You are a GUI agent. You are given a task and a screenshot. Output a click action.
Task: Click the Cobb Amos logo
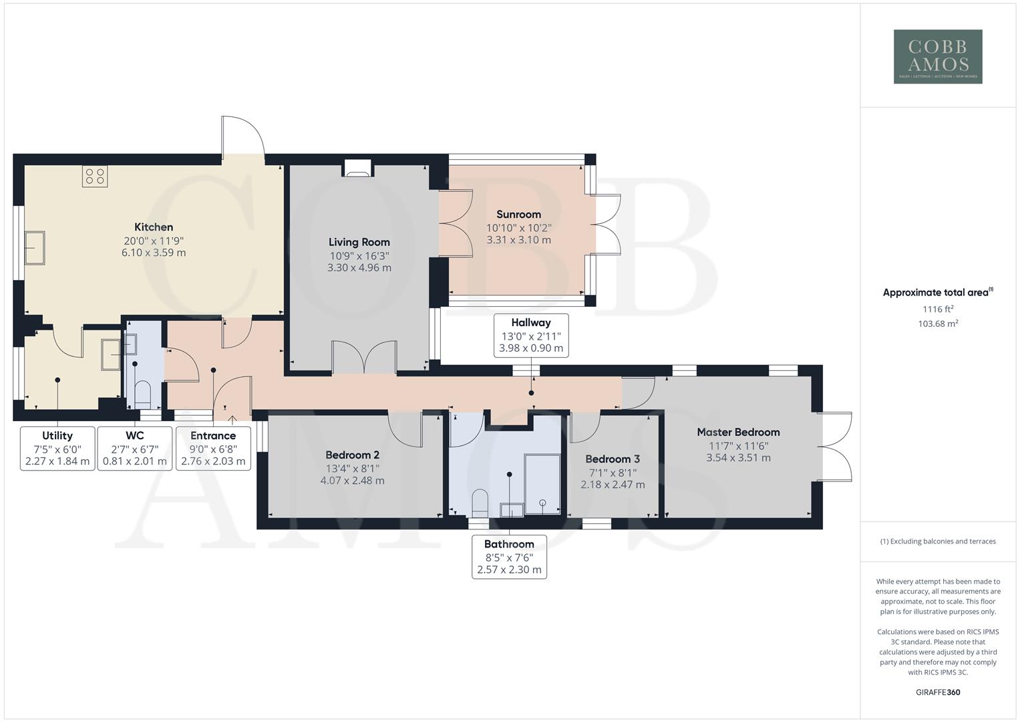(x=938, y=57)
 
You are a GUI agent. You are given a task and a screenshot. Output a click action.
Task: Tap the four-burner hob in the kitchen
(x=95, y=176)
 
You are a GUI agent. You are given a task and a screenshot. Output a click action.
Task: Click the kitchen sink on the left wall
(x=34, y=248)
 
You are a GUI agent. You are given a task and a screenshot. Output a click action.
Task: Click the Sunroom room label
(x=518, y=215)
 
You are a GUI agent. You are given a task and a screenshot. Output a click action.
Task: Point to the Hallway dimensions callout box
(x=531, y=336)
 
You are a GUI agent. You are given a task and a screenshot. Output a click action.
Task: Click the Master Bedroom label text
(x=738, y=433)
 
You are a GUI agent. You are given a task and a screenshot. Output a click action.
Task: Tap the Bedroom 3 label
(x=613, y=459)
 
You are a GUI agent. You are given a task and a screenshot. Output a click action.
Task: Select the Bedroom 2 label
(x=352, y=455)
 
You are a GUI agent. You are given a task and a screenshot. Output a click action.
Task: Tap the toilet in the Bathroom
(x=480, y=501)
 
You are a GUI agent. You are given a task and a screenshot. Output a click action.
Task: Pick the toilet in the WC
(x=143, y=393)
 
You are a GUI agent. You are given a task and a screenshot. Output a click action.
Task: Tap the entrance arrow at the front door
(x=232, y=420)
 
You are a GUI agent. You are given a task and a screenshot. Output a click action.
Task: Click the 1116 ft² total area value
(x=938, y=310)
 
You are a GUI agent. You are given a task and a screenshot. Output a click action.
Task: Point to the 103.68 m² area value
(x=938, y=324)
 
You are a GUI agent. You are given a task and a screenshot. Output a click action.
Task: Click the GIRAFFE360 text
(x=938, y=692)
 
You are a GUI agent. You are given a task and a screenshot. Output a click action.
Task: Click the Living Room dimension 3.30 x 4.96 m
(x=359, y=267)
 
